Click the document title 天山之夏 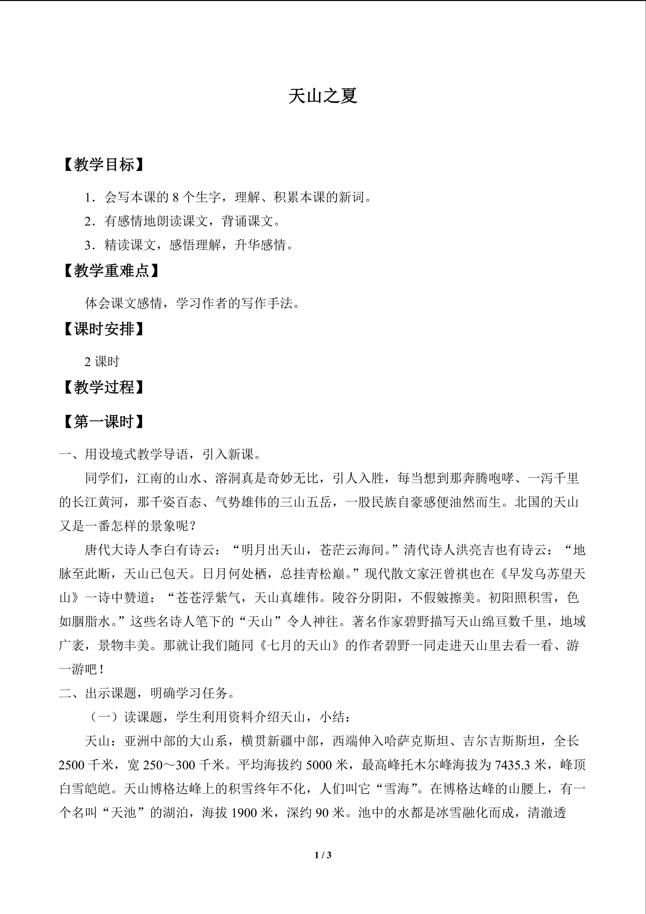[x=323, y=96]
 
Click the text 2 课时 [x=102, y=362]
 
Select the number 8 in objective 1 [x=176, y=197]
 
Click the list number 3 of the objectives [x=88, y=245]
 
